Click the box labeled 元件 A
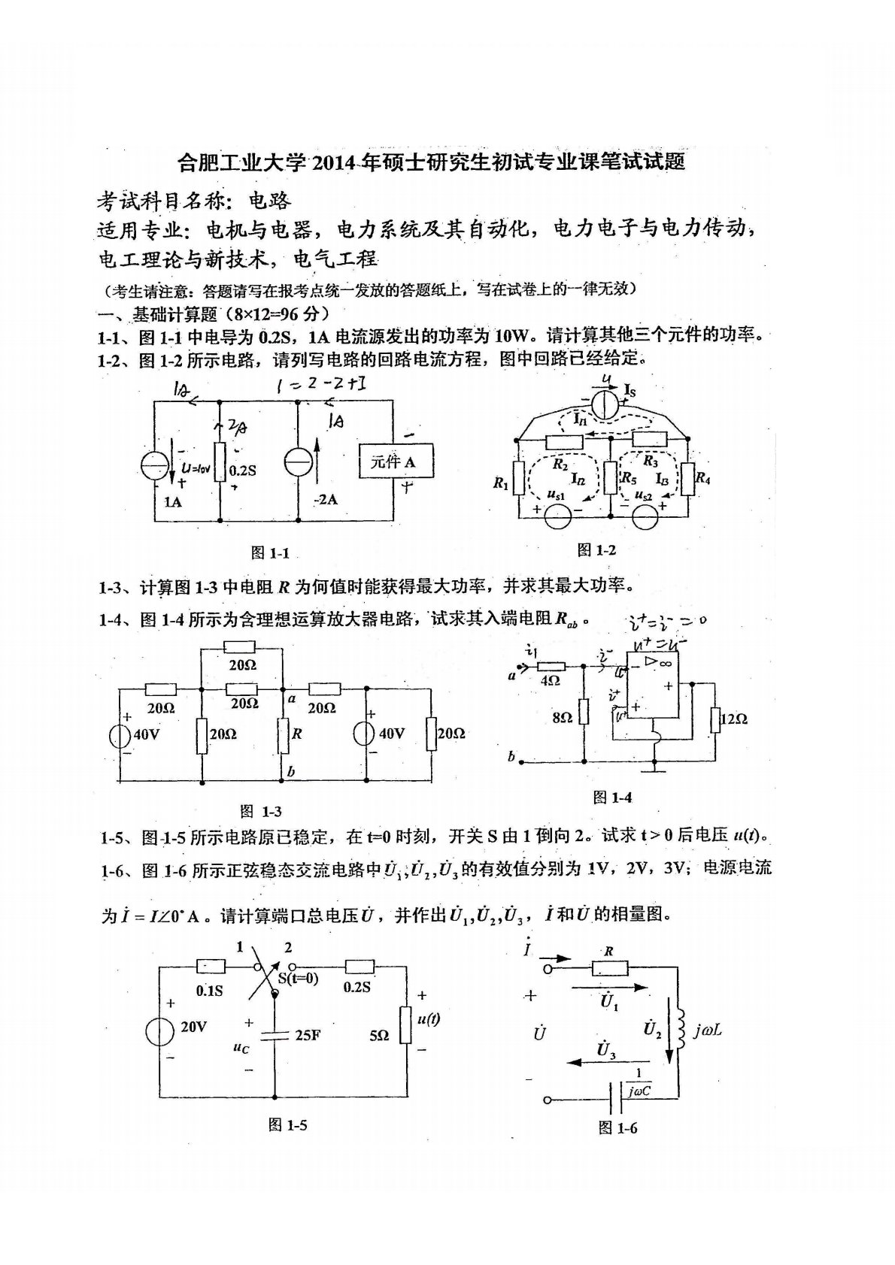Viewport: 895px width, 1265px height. click(x=397, y=462)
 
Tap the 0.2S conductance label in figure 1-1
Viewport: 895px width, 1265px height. click(x=242, y=471)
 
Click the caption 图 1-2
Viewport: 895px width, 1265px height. click(x=596, y=550)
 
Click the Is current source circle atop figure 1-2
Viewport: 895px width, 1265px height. click(x=603, y=404)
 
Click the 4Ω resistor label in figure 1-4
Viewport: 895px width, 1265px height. click(x=551, y=680)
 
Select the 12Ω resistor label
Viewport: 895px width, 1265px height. click(x=733, y=719)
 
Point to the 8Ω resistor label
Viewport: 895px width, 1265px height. click(x=562, y=718)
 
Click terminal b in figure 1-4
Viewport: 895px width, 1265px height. click(x=511, y=757)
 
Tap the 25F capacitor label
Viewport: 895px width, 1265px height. click(x=308, y=1035)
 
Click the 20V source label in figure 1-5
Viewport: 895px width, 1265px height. click(x=193, y=1027)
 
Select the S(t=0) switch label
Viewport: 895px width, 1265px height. click(x=299, y=978)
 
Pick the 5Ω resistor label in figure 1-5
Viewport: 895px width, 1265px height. click(x=380, y=1035)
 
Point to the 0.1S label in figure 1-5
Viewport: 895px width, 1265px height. click(x=209, y=991)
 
